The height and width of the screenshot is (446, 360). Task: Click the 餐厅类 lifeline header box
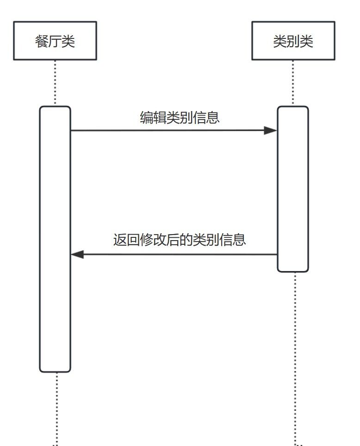[x=55, y=41]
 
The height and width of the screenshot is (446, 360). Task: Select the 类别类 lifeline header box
[x=293, y=41]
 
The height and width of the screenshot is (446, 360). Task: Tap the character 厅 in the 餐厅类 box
[x=55, y=42]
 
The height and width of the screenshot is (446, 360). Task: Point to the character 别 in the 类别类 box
[x=293, y=42]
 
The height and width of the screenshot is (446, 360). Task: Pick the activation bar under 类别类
[x=293, y=194]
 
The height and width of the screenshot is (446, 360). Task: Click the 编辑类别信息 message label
[x=180, y=118]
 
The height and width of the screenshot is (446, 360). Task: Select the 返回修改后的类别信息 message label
[x=180, y=240]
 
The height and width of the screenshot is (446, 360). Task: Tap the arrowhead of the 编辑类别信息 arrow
[x=270, y=130]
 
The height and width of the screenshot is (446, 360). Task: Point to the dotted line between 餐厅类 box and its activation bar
[x=55, y=83]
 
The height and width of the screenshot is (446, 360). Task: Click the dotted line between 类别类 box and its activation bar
[x=293, y=83]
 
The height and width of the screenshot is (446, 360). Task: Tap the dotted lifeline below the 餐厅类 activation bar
[x=56, y=407]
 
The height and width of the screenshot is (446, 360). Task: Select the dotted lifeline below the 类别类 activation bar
[x=295, y=356]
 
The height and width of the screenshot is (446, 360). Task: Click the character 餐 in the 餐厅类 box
[x=42, y=42]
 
